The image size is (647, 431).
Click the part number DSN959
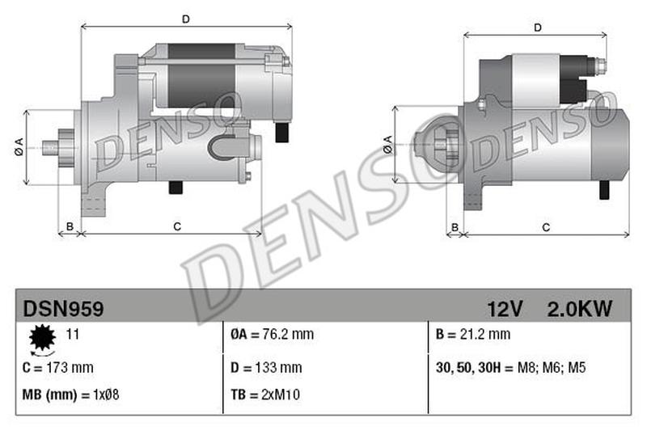tap(63, 308)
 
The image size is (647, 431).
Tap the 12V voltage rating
tap(505, 308)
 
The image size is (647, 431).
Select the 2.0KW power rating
tap(580, 308)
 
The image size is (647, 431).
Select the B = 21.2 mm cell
tap(473, 334)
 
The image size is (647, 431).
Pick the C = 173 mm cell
tap(58, 367)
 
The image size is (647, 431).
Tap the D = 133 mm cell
tap(266, 367)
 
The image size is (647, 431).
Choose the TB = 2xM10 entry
tap(264, 396)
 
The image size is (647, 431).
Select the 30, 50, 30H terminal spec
tap(510, 367)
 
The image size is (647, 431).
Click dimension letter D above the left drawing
tap(185, 19)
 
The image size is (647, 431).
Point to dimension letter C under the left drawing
tap(177, 226)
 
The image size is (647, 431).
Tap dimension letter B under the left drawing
tap(70, 226)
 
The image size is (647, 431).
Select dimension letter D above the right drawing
tap(538, 28)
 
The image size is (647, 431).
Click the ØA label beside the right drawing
tap(387, 145)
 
